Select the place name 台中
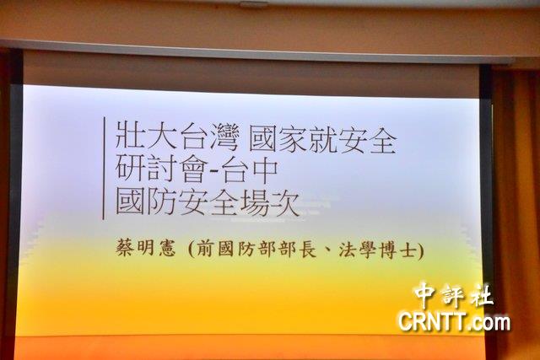click(x=249, y=169)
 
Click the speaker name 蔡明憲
click(x=146, y=248)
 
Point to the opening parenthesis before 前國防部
click(x=192, y=250)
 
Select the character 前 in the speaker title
click(x=206, y=249)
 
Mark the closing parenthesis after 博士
click(x=420, y=250)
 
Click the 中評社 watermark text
click(x=454, y=295)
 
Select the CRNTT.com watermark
click(x=454, y=322)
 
